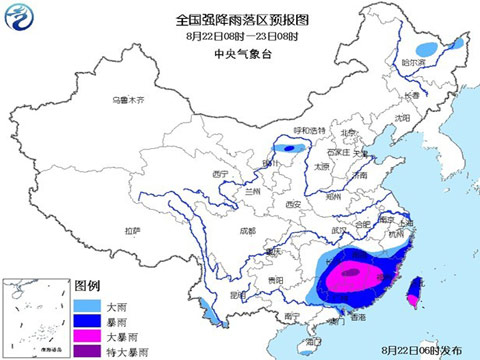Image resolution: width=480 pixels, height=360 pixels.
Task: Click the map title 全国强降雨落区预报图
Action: click(x=244, y=19)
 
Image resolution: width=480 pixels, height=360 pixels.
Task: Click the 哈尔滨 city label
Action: click(x=413, y=63)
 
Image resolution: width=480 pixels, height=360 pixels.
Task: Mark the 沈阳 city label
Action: click(x=403, y=118)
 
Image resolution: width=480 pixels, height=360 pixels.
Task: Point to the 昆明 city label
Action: click(x=235, y=296)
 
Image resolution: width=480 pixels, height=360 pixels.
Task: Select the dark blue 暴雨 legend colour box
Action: click(x=85, y=319)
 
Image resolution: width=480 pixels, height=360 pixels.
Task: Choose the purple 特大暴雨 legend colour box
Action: click(x=85, y=351)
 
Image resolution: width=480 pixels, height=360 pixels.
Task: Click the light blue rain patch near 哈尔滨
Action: click(x=428, y=47)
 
